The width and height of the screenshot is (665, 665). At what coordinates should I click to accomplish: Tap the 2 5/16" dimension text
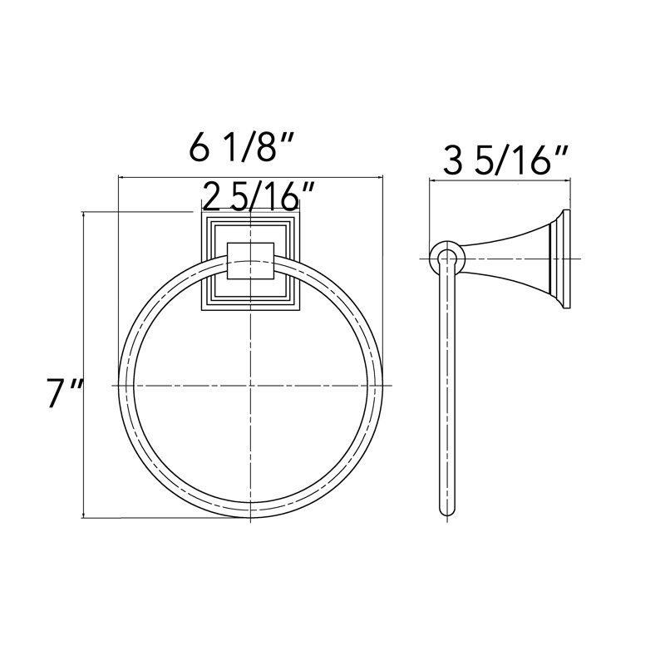point(258,196)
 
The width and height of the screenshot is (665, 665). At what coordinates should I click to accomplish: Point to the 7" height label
point(65,393)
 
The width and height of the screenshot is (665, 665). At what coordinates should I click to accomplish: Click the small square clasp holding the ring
point(250,261)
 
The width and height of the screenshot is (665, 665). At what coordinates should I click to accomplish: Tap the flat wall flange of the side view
point(566,259)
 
